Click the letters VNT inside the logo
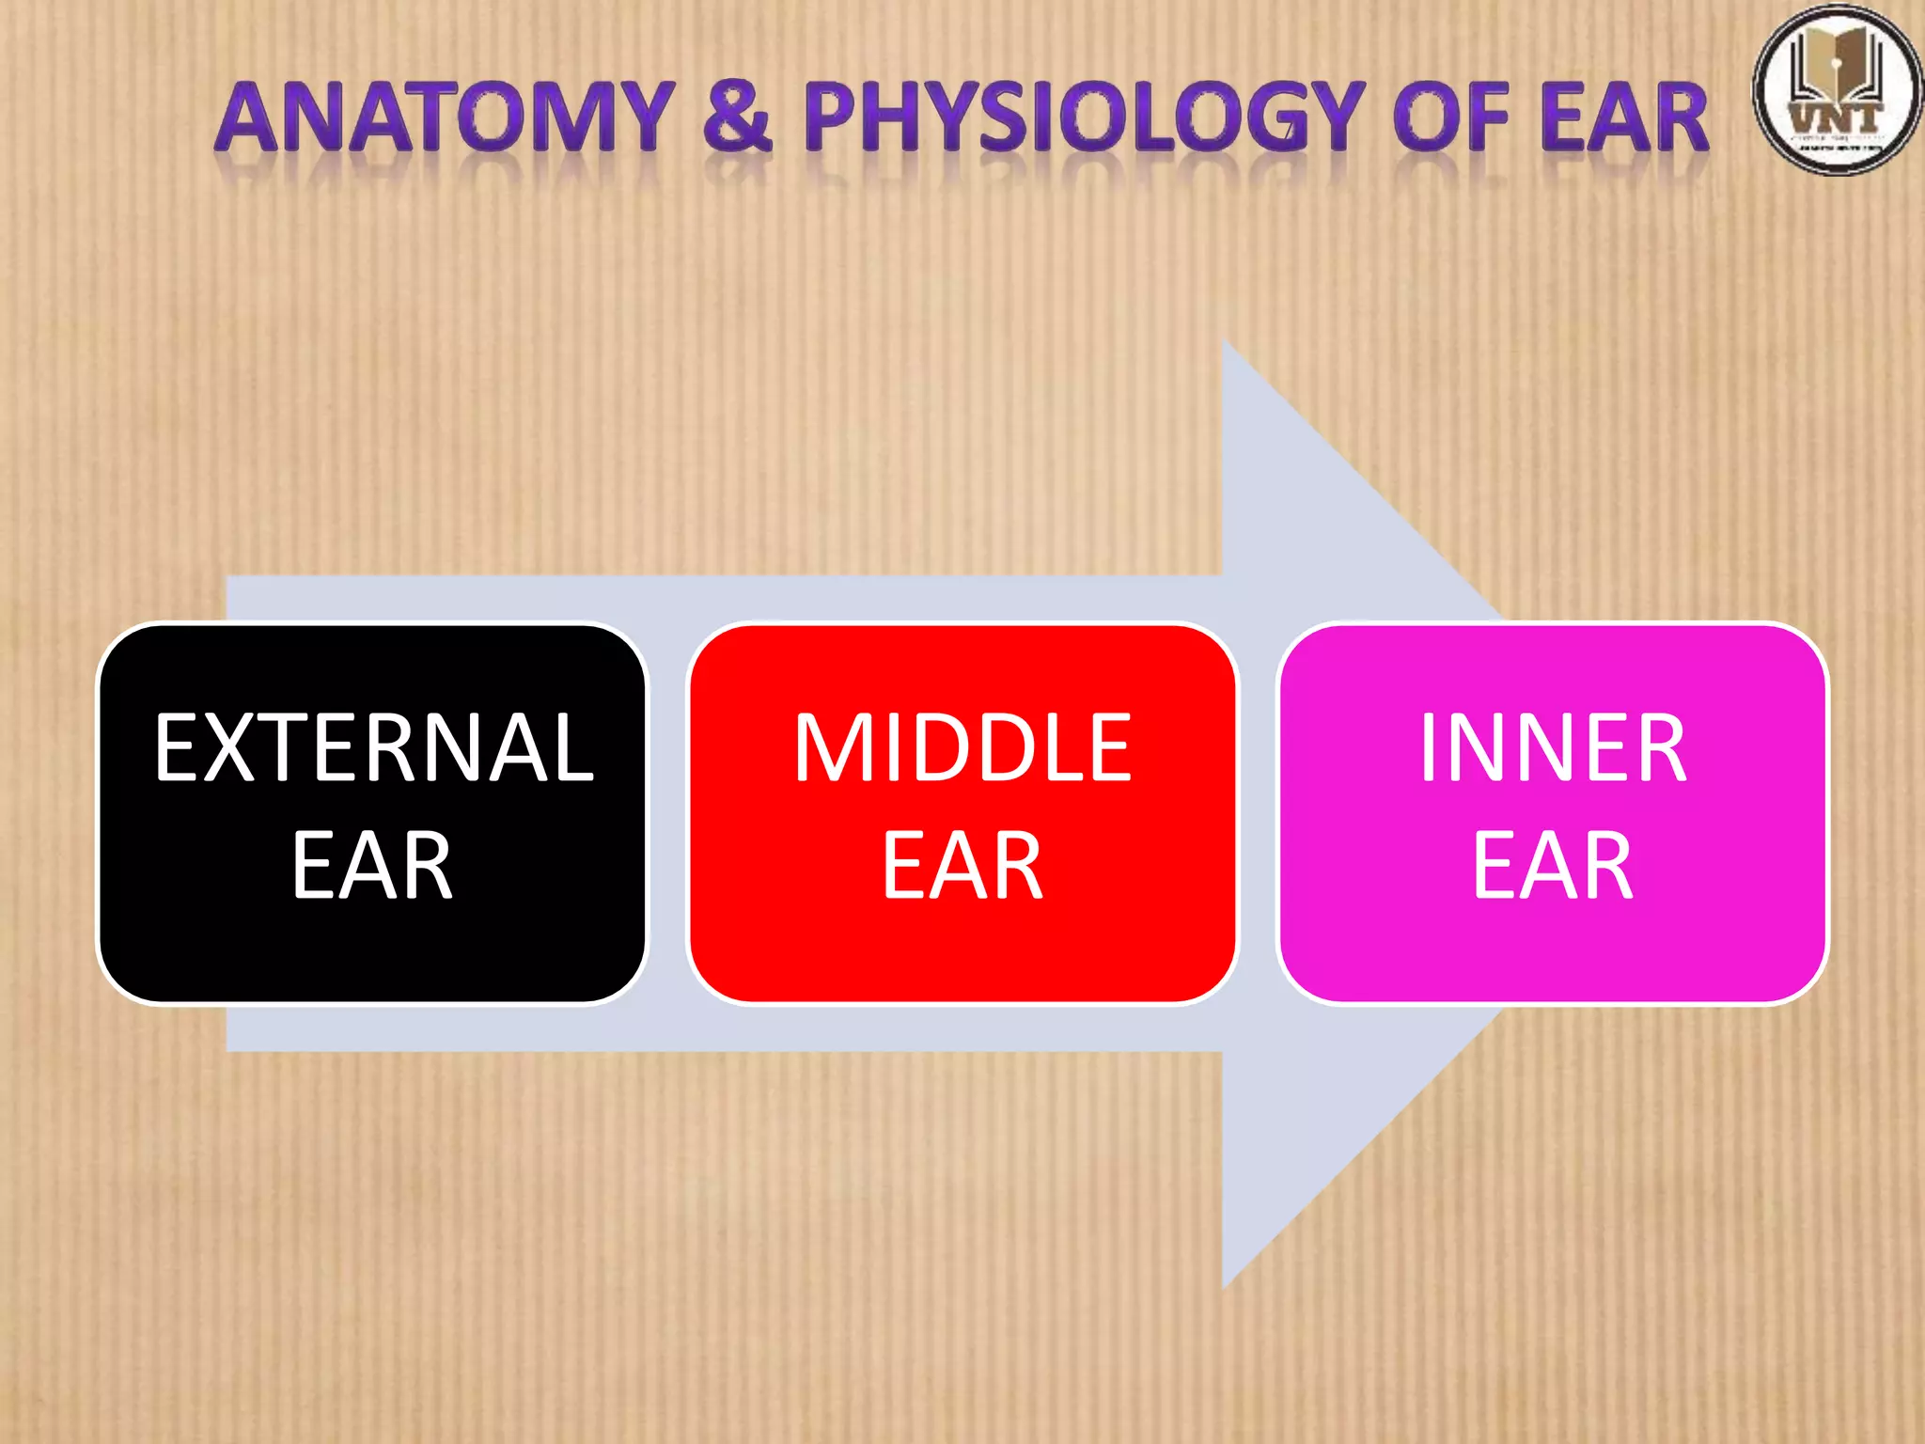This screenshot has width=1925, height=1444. pyautogui.click(x=1836, y=118)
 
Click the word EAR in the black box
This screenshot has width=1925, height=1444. pyautogui.click(x=372, y=866)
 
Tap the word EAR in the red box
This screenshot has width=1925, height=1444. pyautogui.click(x=962, y=866)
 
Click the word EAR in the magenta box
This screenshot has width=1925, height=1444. pyautogui.click(x=1553, y=866)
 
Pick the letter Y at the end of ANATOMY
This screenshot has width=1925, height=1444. pyautogui.click(x=641, y=118)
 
